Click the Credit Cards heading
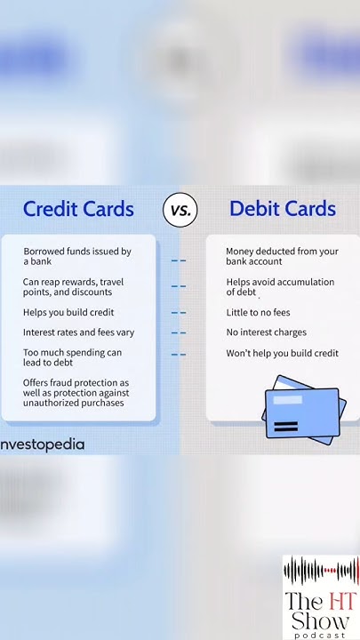(x=78, y=209)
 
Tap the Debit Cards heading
(x=283, y=209)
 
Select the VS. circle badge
(x=180, y=211)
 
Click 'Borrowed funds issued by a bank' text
(x=77, y=257)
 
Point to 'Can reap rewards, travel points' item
(x=73, y=287)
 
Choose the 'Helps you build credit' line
(x=68, y=313)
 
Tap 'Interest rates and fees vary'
(x=78, y=332)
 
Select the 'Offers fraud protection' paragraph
(x=76, y=392)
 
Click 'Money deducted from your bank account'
(x=282, y=257)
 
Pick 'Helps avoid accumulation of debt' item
(x=280, y=287)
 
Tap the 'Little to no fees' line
(x=258, y=313)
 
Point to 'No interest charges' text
(x=266, y=332)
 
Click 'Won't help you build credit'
(x=282, y=354)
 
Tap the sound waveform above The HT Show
(x=321, y=570)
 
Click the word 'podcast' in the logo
(x=321, y=635)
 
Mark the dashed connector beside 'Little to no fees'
(x=179, y=313)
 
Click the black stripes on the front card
(x=286, y=427)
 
